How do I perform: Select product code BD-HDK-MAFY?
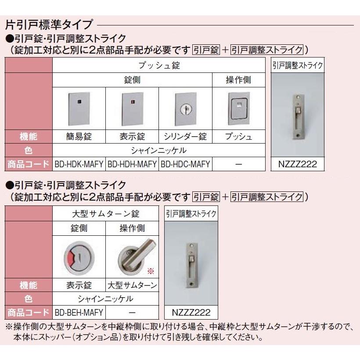point(79,165)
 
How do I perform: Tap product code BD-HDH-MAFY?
point(132,165)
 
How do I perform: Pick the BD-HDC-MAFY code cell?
point(185,165)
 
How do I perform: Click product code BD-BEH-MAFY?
point(79,313)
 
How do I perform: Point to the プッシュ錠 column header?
point(159,66)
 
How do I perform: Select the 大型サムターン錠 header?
point(105,214)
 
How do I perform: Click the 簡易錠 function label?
point(79,137)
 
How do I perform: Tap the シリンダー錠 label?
point(185,137)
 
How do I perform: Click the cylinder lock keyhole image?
point(185,108)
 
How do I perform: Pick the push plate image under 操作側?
point(238,108)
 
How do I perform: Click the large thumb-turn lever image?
point(132,256)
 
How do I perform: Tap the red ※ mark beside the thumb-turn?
point(151,271)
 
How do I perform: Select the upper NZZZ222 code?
point(298,165)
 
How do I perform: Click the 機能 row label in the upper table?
point(28,137)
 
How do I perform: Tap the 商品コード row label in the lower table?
point(28,313)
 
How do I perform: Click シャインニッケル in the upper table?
point(159,151)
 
